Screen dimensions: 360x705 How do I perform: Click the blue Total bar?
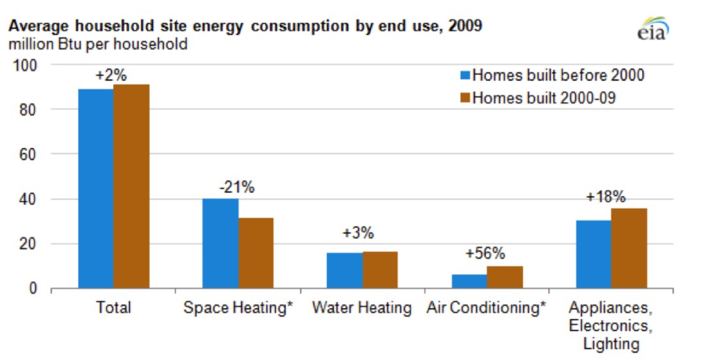(96, 189)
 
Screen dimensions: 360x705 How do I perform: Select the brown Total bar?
(131, 186)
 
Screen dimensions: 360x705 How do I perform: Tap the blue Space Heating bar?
(220, 243)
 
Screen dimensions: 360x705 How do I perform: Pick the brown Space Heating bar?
(256, 253)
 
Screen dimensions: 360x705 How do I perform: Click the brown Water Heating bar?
(380, 270)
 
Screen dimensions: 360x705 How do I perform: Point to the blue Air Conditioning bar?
(469, 281)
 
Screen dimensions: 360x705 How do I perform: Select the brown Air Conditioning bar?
(505, 277)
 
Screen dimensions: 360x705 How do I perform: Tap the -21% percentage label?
(236, 188)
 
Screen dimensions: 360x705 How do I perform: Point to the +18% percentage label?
(606, 197)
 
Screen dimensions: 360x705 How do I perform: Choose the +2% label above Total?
(111, 75)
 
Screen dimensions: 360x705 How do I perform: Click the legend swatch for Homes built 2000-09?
(465, 99)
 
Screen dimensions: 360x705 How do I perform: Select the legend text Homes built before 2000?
(558, 76)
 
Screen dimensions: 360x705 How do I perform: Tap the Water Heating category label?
(362, 307)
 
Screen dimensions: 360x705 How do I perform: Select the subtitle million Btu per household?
(97, 44)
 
